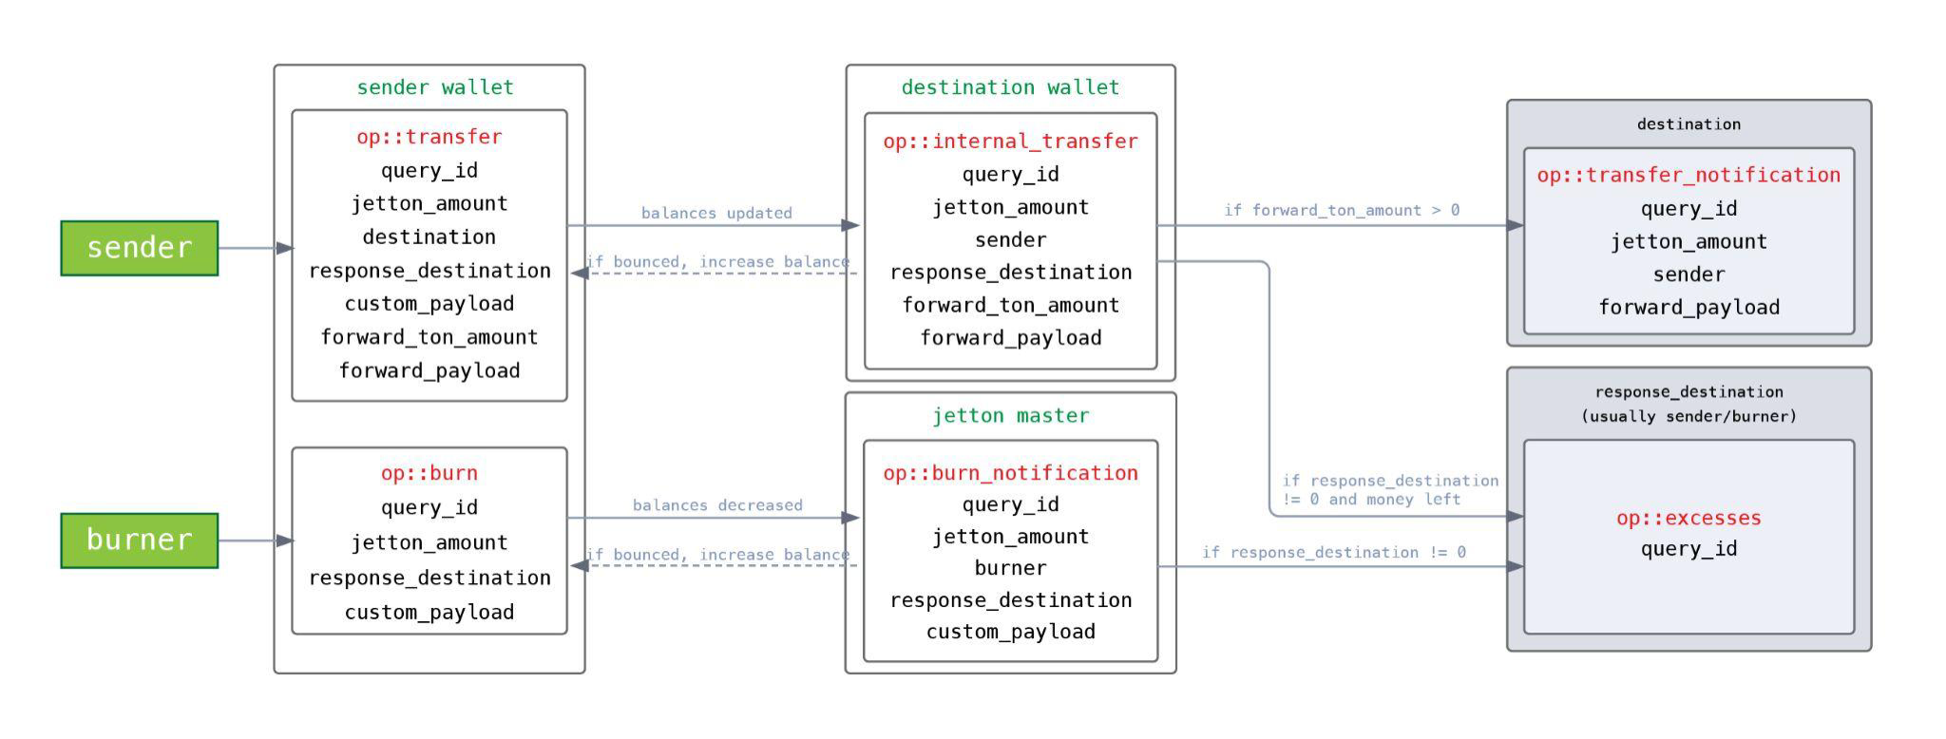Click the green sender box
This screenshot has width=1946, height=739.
[x=139, y=248]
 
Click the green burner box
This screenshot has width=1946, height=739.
[x=139, y=540]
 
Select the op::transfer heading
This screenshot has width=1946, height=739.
[x=429, y=137]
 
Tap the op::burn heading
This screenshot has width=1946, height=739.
[x=429, y=473]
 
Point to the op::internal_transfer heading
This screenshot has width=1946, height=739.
[x=1010, y=142]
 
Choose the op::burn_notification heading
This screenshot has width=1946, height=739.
[x=1010, y=473]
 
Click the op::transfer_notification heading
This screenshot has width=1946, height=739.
[x=1688, y=176]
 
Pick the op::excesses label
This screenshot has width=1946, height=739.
[x=1688, y=519]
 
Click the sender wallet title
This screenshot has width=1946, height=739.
[x=435, y=87]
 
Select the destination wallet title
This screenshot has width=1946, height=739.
[x=1010, y=87]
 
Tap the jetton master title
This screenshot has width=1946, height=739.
[x=1010, y=416]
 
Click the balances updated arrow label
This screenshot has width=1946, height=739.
[x=716, y=213]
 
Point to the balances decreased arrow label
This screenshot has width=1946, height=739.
[x=717, y=505]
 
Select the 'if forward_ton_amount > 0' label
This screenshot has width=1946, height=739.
[x=1342, y=210]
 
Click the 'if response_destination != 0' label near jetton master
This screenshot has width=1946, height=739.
[x=1334, y=552]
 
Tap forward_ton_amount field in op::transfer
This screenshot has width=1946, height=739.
[x=429, y=337]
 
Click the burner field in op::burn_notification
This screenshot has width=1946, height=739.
[x=1010, y=568]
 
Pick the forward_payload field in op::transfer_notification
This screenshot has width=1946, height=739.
[x=1688, y=308]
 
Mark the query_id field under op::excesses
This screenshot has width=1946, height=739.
[x=1688, y=549]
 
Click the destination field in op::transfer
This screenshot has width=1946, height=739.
[x=429, y=237]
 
